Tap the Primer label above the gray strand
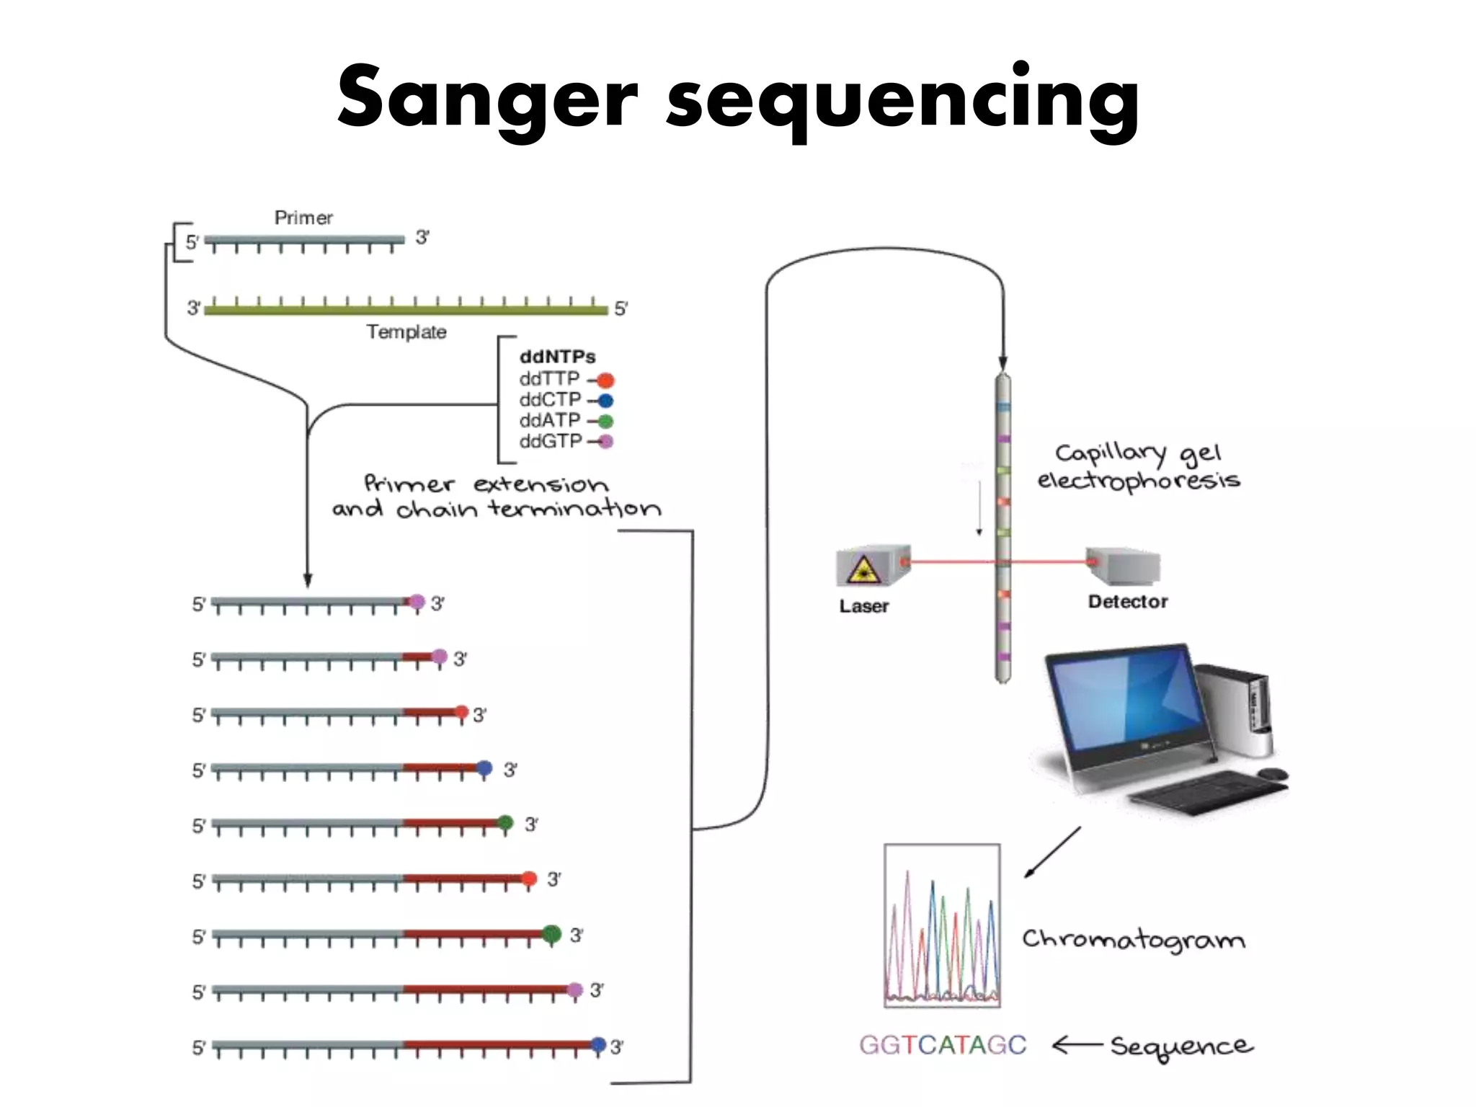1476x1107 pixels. coord(303,218)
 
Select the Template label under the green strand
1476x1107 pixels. coord(406,332)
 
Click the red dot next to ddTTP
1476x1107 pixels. coord(605,380)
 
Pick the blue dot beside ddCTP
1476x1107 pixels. coord(605,401)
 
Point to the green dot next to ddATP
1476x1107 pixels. coord(605,421)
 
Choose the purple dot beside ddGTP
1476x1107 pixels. coord(605,441)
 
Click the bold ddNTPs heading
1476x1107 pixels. coord(557,357)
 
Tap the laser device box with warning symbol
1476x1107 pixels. coord(871,567)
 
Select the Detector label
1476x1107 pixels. coord(1127,602)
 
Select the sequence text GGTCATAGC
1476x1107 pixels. coord(942,1045)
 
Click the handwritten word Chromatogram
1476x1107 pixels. coord(1133,940)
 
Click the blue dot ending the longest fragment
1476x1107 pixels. coord(597,1044)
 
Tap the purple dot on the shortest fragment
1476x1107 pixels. coord(417,602)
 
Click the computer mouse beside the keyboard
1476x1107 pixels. coord(1272,775)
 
